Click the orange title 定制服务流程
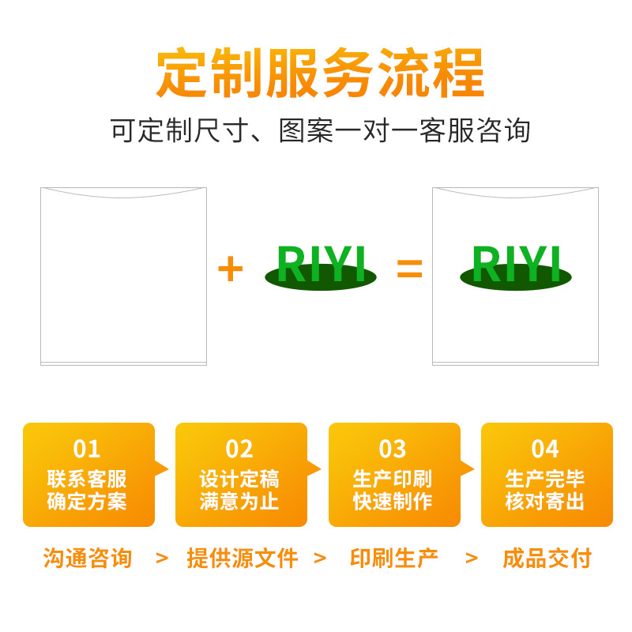click(320, 73)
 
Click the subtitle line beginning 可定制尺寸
click(320, 130)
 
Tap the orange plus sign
click(230, 269)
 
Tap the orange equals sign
click(409, 269)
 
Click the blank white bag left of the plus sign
click(123, 276)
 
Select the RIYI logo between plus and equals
click(321, 265)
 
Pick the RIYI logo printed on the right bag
click(516, 265)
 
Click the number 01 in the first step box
click(87, 449)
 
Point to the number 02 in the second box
click(239, 449)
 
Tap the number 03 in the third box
click(393, 449)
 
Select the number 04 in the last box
click(545, 449)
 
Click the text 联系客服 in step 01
click(87, 479)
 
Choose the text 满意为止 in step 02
click(239, 501)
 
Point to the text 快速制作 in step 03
click(393, 501)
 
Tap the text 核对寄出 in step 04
click(545, 501)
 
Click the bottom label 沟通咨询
click(87, 559)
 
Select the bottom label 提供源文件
click(243, 559)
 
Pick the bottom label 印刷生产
click(393, 559)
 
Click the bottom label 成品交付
click(547, 559)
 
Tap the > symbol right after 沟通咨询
click(162, 559)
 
